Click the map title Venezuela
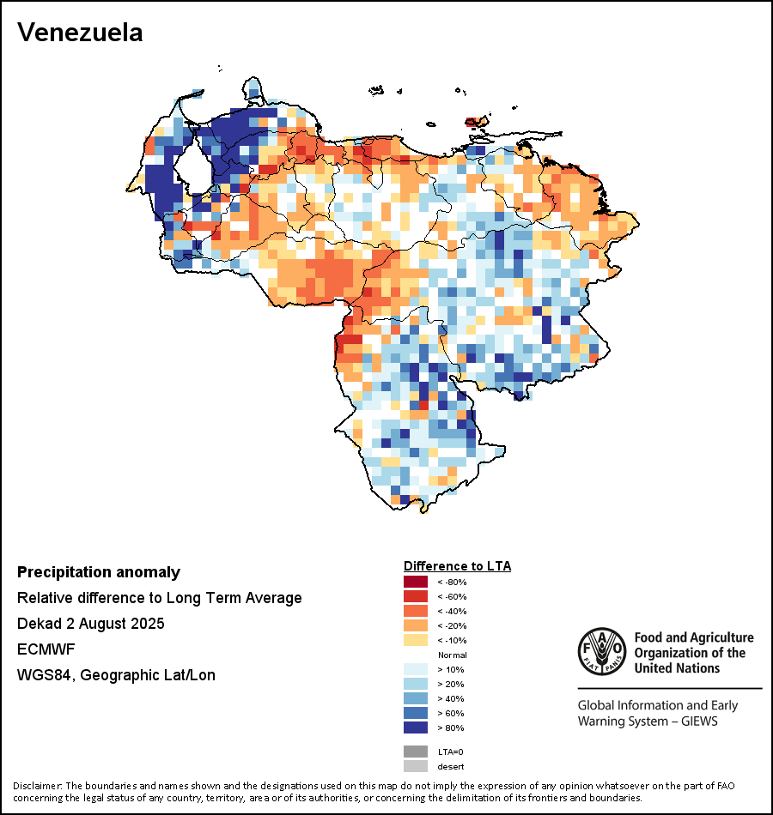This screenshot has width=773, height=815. pyautogui.click(x=80, y=33)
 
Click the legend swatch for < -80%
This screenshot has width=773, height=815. pyautogui.click(x=416, y=582)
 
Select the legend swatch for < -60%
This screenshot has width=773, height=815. pyautogui.click(x=416, y=596)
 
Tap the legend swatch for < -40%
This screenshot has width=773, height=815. pyautogui.click(x=416, y=611)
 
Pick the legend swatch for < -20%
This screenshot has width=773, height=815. pyautogui.click(x=416, y=625)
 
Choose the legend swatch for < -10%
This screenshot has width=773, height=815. pyautogui.click(x=416, y=640)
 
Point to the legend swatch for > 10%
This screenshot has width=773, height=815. pyautogui.click(x=416, y=669)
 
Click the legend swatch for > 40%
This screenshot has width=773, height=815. pyautogui.click(x=416, y=698)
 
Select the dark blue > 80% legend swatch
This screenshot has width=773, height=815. pyautogui.click(x=416, y=727)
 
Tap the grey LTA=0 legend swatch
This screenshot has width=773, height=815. pyautogui.click(x=416, y=752)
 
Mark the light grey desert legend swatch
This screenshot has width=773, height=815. pyautogui.click(x=416, y=766)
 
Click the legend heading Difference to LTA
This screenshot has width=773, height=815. pyautogui.click(x=457, y=566)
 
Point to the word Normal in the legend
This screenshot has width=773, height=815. pyautogui.click(x=452, y=655)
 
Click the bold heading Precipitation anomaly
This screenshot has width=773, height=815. pyautogui.click(x=99, y=572)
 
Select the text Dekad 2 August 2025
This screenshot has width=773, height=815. pyautogui.click(x=91, y=623)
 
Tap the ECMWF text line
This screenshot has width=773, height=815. pyautogui.click(x=43, y=649)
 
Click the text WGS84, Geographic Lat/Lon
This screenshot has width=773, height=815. pyautogui.click(x=116, y=675)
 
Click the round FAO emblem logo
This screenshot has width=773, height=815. pyautogui.click(x=601, y=651)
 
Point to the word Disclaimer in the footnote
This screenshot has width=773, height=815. pyautogui.click(x=37, y=786)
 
